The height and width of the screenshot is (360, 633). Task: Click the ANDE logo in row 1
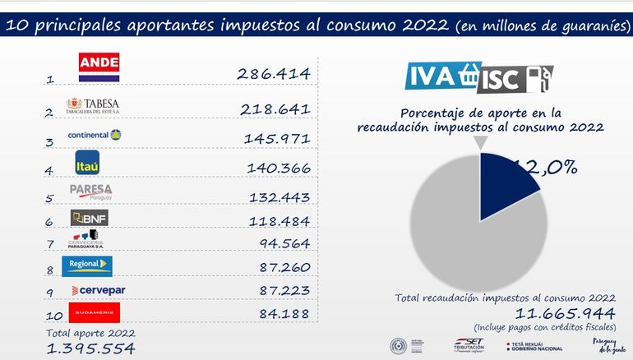[99, 67]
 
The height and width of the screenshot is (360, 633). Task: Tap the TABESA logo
[93, 106]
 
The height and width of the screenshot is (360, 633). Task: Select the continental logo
[95, 135]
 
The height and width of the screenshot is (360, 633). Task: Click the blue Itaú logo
[87, 162]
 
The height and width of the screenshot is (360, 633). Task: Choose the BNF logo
[90, 218]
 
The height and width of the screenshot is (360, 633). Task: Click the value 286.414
[273, 74]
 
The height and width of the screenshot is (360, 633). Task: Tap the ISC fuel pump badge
[519, 78]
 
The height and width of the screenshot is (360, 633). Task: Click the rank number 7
[51, 244]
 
